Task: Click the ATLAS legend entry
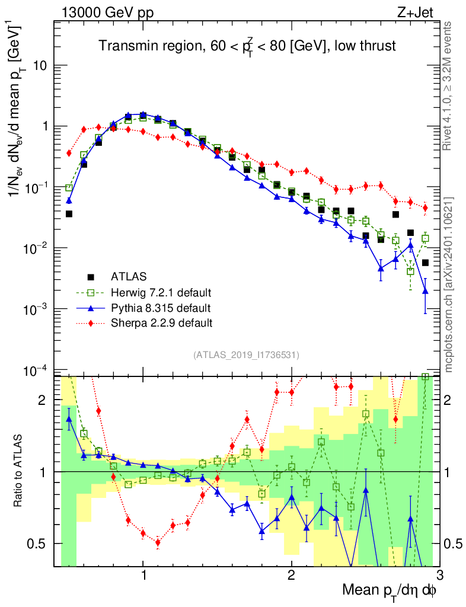pyautogui.click(x=127, y=276)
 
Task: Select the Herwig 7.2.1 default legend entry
pyautogui.click(x=161, y=292)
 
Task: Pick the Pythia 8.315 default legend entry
pyautogui.click(x=160, y=308)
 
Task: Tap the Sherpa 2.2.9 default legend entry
pyautogui.click(x=161, y=323)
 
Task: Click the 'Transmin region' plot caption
pyautogui.click(x=247, y=46)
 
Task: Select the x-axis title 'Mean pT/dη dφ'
pyautogui.click(x=390, y=590)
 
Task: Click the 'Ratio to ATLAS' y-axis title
pyautogui.click(x=20, y=471)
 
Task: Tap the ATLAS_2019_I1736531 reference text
pyautogui.click(x=246, y=355)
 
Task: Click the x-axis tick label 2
pyautogui.click(x=291, y=576)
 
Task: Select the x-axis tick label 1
pyautogui.click(x=143, y=576)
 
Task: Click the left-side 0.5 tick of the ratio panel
pyautogui.click(x=39, y=543)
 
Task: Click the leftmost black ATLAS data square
pyautogui.click(x=69, y=214)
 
